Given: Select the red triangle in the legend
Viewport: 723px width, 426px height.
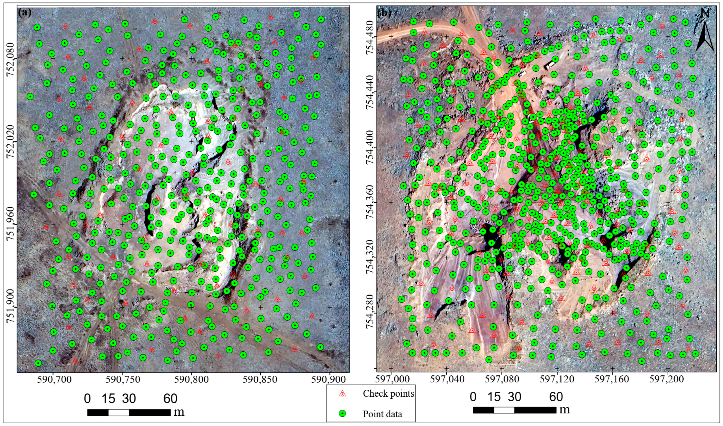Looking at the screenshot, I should pos(342,393).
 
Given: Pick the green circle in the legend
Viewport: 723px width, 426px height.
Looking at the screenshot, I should pos(342,414).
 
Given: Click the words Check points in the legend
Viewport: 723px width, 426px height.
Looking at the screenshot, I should pos(388,393).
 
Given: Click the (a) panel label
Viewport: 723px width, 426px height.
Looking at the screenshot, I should pos(24,13).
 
